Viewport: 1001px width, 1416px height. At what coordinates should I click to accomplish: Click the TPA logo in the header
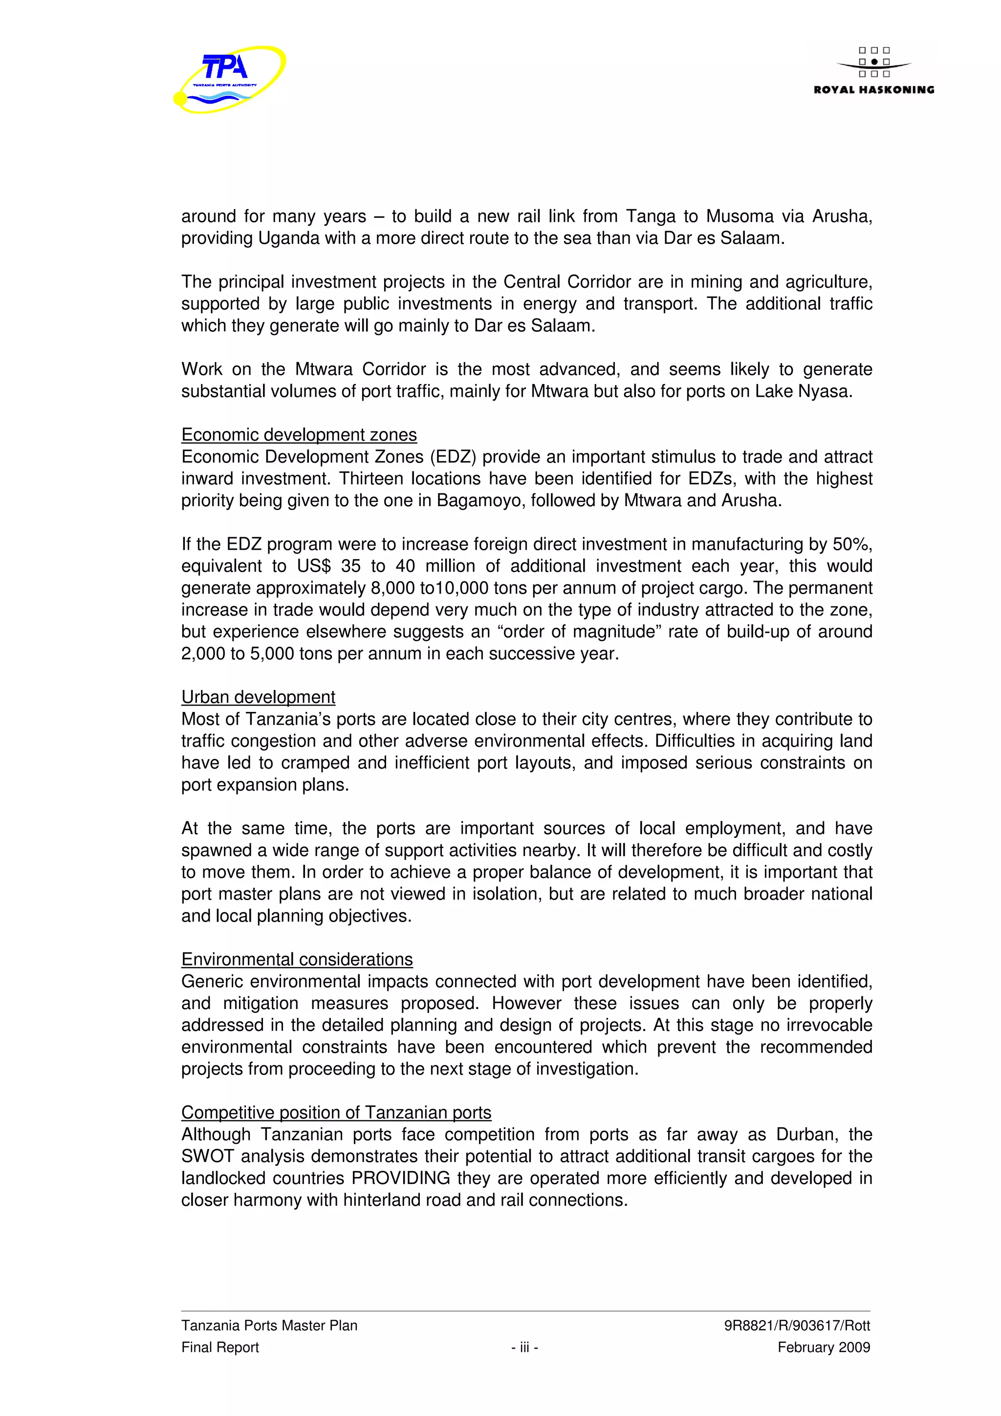(229, 79)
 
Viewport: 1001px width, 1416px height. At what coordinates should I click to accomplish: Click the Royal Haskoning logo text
(873, 90)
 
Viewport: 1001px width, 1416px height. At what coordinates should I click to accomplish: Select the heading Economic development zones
(299, 435)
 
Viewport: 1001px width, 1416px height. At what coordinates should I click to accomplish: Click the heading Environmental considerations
(297, 959)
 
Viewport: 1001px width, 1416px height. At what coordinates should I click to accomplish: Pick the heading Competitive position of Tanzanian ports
(336, 1112)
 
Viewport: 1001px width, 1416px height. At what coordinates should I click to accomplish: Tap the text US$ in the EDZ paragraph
(314, 566)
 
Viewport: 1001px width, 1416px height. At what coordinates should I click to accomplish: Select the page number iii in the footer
(524, 1348)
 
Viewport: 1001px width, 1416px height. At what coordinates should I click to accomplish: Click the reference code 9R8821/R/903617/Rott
(797, 1325)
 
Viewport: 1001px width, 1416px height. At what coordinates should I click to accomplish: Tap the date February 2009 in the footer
(824, 1348)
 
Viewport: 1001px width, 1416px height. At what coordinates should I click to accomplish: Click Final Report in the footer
(220, 1348)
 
